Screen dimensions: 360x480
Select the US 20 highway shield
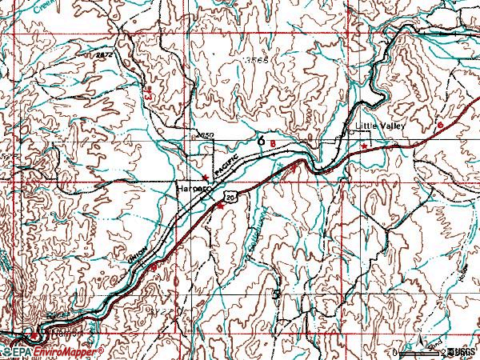[230, 196]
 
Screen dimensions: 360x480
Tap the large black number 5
[277, 295]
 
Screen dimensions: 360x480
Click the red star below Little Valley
[365, 146]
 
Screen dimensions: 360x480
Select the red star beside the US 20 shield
[221, 206]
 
